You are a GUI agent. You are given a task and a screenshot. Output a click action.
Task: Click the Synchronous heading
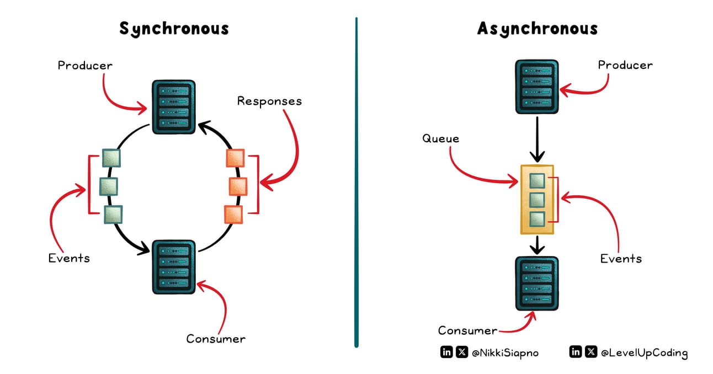tap(174, 29)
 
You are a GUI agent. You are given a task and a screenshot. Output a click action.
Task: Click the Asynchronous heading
tap(537, 29)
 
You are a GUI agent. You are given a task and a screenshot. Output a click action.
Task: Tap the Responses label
tap(269, 101)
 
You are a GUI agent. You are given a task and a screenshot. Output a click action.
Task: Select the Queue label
tap(440, 138)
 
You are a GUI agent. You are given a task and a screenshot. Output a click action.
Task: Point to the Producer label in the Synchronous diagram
tap(85, 66)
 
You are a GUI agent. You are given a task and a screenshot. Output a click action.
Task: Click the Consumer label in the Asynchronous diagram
tap(467, 330)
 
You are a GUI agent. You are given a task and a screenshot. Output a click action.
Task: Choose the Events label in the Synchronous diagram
tap(68, 258)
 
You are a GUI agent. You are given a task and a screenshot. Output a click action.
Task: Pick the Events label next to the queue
tap(621, 258)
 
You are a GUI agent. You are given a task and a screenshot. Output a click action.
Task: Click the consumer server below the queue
tap(536, 283)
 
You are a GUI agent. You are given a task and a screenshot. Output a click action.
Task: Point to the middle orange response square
tap(238, 186)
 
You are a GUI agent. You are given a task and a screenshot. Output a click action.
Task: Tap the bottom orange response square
tap(233, 214)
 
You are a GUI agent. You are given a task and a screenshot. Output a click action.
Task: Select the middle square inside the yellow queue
tap(537, 200)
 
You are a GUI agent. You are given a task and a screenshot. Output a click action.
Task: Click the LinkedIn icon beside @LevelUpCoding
tap(575, 352)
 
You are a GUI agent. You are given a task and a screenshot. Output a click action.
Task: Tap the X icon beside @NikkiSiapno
tap(461, 352)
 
